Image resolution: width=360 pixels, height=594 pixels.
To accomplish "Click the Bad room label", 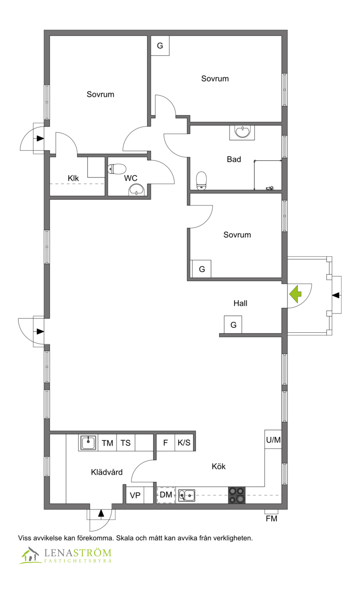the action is point(234,159).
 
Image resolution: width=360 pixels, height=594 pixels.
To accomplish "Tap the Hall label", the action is point(240,303).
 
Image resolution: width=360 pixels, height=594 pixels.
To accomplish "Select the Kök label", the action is point(219,466).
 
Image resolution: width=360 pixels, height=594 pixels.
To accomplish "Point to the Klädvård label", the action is point(107,472).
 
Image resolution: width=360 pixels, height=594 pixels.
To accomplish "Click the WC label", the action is point(130,178).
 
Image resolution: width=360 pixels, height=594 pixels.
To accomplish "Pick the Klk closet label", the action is point(73,178).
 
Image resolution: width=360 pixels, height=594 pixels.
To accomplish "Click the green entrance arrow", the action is point(295,294).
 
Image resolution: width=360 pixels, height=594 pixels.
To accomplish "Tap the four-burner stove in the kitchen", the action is point(237,495).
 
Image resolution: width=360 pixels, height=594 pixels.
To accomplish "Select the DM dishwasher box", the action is point(166,495).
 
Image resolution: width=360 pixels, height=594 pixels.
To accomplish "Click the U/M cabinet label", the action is point(274,440).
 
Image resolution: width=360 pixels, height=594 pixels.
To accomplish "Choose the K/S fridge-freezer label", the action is point(184,442).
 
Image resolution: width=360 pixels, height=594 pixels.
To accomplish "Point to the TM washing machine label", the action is point(107,443).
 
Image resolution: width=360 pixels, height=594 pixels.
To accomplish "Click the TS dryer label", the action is point(126,443).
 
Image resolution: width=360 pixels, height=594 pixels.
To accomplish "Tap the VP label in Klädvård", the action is point(135,495).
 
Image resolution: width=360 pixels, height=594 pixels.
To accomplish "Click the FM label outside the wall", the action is point(271,519).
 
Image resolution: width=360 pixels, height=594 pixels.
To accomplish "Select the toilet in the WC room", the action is point(117,169).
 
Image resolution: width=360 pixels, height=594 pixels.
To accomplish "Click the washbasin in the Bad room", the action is point(242,132).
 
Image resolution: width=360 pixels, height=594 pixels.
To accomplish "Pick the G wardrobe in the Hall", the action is point(233,324).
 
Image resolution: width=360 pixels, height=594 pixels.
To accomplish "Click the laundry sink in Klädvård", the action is point(88,443).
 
